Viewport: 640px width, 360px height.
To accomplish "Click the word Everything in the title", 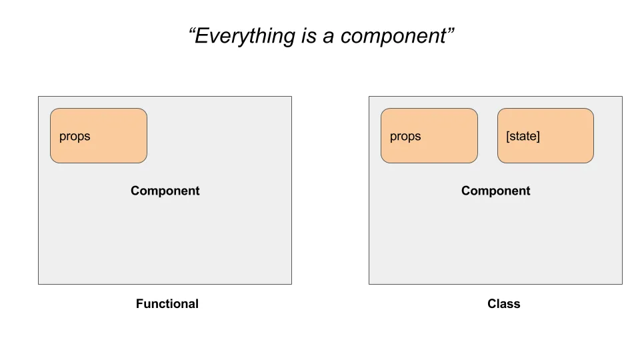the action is coord(245,36).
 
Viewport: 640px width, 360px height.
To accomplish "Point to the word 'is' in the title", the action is coord(309,35).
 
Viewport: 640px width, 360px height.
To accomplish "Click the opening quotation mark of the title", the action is coord(192,31).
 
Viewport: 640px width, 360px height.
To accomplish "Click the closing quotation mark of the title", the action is coord(450,31).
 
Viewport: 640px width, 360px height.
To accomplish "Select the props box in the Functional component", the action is coord(99,135).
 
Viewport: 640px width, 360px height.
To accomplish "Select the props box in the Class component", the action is coord(429,135).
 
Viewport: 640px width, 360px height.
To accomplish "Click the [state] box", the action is coord(545,135).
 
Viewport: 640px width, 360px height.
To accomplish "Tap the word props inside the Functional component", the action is coord(75,137).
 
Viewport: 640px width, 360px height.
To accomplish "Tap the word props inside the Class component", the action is coord(405,137).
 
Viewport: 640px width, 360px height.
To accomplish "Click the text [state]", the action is coord(523,136).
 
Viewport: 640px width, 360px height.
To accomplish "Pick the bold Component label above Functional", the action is coord(165,191).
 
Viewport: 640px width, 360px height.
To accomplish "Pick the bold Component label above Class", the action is coord(495,191).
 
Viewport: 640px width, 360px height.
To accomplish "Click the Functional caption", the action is coord(167,304).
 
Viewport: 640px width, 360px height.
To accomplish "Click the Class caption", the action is coord(504,304).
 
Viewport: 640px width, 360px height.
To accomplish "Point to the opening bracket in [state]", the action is coord(508,136).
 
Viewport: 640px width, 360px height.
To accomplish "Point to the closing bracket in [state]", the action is coord(538,136).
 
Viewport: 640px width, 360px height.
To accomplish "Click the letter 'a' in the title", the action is coord(328,37).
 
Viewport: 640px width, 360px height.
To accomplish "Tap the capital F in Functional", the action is coord(139,304).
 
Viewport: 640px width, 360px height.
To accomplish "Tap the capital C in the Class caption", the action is coord(492,304).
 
